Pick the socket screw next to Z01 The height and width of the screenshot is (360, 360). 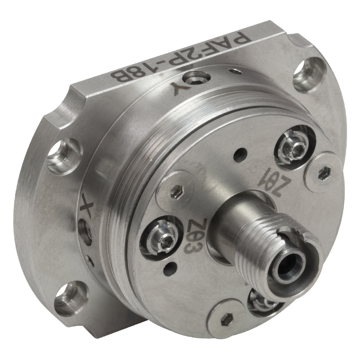click(x=295, y=147)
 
